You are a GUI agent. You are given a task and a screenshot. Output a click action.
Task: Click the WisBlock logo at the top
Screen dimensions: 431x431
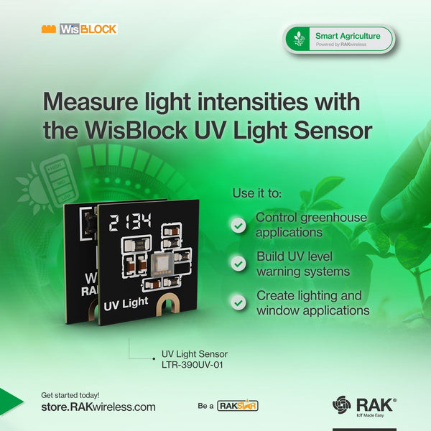tap(79, 29)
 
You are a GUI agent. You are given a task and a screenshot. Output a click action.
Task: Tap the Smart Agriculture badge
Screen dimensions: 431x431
tap(339, 39)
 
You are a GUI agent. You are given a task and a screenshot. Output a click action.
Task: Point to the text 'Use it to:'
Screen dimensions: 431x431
tap(256, 194)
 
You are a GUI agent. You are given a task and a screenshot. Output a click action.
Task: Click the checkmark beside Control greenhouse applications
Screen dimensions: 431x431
tap(238, 226)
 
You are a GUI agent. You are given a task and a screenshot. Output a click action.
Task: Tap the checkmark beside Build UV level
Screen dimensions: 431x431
tap(238, 264)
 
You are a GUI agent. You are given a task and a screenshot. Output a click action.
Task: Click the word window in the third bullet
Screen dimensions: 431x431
tap(277, 310)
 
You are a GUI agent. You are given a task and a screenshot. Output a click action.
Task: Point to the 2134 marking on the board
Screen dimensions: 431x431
tap(129, 222)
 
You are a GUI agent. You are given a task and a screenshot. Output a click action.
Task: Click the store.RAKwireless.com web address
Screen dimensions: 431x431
tap(98, 407)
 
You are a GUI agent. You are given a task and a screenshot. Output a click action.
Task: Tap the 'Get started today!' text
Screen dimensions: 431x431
tap(70, 394)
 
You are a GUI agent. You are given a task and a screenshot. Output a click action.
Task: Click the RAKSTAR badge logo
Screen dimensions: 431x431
tap(238, 406)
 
